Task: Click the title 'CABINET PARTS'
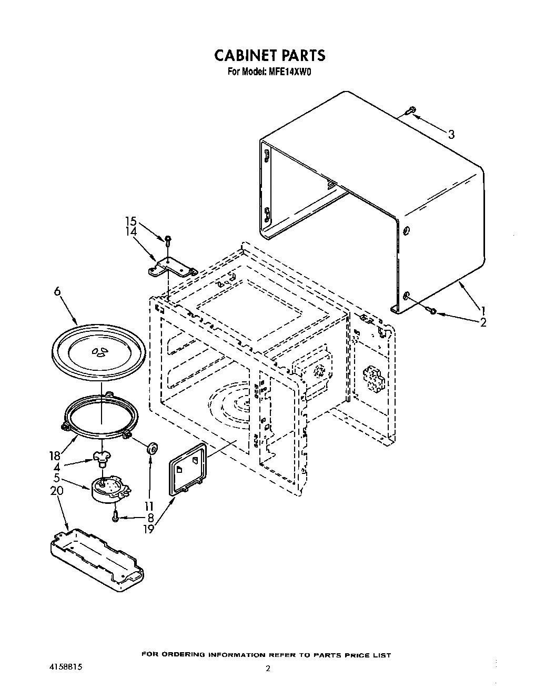tap(269, 55)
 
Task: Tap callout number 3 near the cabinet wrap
tap(451, 135)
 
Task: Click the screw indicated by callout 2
tap(432, 312)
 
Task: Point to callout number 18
tap(54, 456)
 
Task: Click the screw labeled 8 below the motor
tap(115, 518)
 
